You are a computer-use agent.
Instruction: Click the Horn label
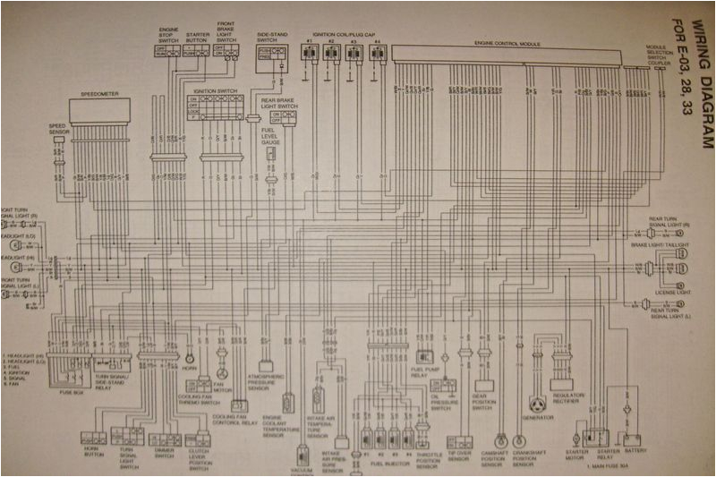tap(188, 369)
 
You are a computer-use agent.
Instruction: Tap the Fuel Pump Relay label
tap(424, 371)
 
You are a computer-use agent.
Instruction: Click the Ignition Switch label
tap(215, 89)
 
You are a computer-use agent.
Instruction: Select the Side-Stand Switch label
tap(271, 36)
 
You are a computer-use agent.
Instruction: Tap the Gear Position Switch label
tap(482, 404)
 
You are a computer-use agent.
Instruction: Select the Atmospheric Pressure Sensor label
tap(266, 381)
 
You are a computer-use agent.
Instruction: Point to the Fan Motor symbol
tap(222, 371)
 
